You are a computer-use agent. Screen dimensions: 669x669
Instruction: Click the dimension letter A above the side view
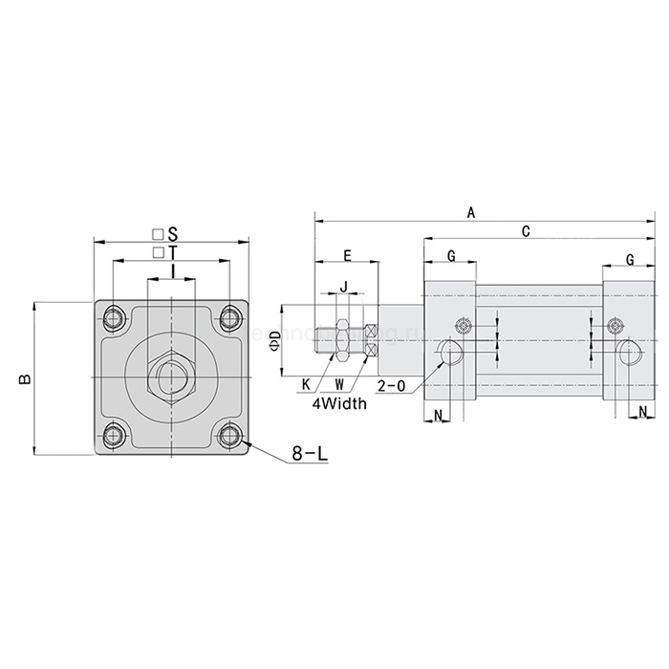coord(470,213)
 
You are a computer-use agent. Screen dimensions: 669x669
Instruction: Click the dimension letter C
coord(527,231)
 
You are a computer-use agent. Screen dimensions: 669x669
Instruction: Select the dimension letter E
coord(347,255)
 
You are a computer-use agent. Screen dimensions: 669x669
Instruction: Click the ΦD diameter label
coord(273,339)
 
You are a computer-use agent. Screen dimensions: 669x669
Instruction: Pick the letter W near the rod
coord(339,384)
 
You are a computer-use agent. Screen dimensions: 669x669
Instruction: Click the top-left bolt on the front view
coord(116,317)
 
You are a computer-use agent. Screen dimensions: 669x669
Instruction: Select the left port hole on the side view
coord(450,353)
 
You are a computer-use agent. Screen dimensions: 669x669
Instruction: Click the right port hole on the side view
coord(628,352)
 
